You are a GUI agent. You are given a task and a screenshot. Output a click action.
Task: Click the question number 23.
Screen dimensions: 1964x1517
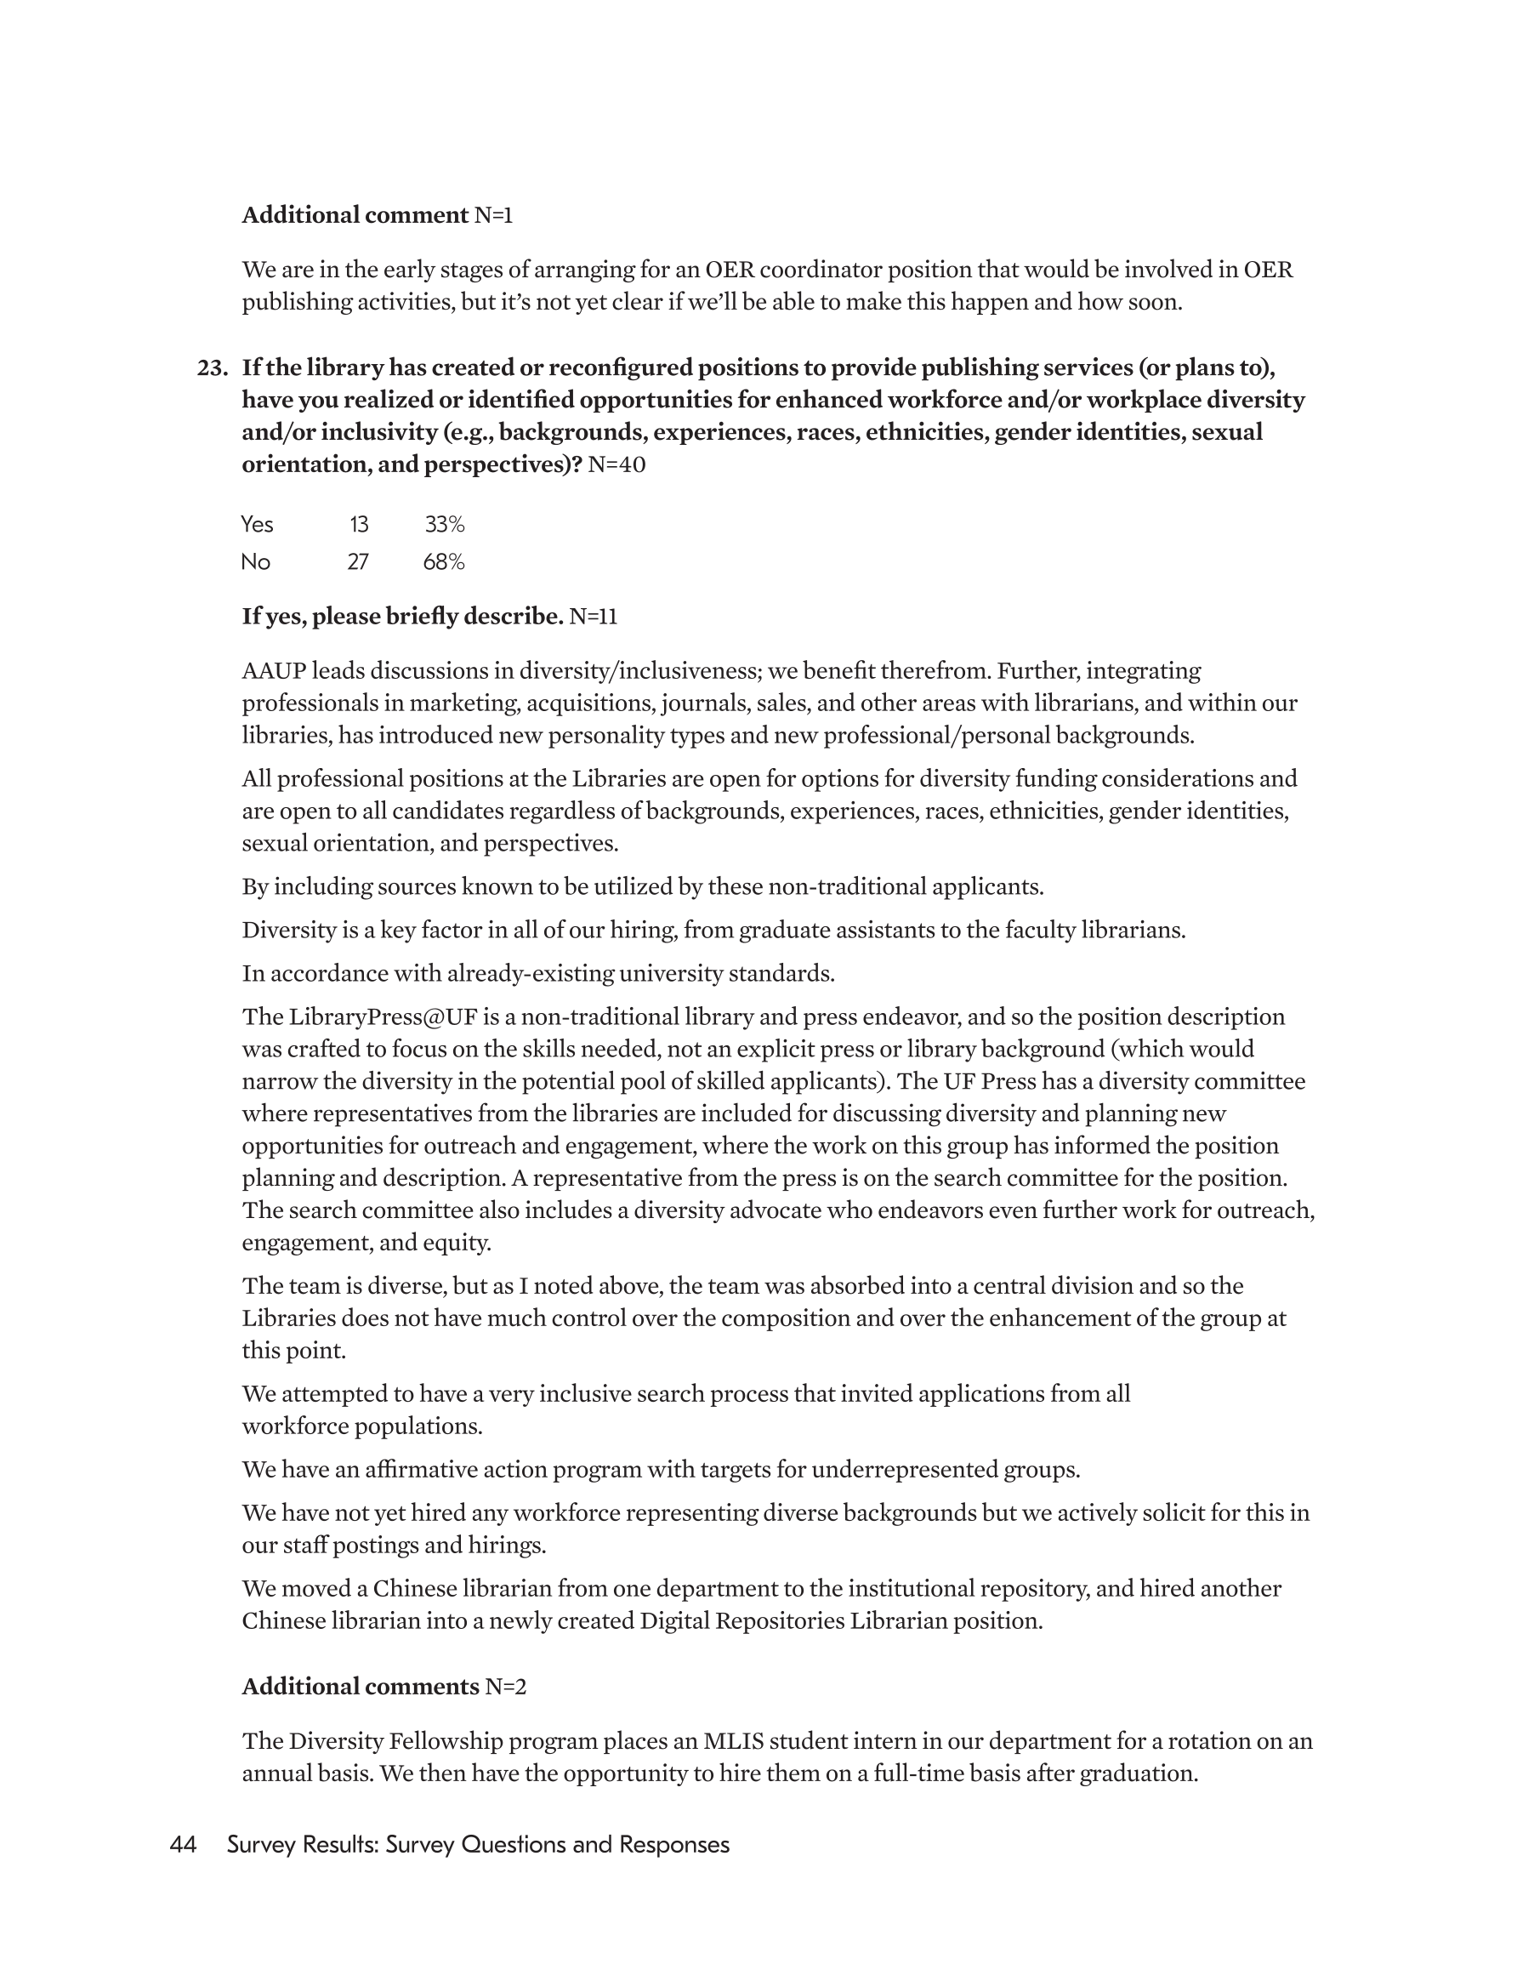tap(212, 367)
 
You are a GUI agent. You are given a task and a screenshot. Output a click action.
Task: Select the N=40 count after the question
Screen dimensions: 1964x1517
tap(616, 465)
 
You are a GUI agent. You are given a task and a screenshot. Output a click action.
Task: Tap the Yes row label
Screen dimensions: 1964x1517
tap(257, 524)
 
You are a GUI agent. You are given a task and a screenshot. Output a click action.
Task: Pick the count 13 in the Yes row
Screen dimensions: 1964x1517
tap(359, 524)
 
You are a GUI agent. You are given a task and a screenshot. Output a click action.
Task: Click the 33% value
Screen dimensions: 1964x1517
tap(444, 524)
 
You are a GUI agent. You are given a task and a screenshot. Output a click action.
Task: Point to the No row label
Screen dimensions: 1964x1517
tap(255, 562)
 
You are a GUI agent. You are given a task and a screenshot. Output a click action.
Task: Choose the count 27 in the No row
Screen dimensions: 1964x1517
tap(358, 562)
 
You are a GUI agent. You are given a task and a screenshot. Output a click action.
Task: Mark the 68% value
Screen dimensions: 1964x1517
tap(443, 562)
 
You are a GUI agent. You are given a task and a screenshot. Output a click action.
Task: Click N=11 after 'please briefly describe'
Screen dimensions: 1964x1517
tap(594, 617)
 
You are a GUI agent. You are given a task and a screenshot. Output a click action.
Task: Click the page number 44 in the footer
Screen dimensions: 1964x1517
tap(184, 1845)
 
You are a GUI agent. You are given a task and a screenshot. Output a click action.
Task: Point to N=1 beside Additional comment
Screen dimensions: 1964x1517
tap(494, 216)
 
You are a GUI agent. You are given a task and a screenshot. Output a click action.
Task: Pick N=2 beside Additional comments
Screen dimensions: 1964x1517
tap(505, 1687)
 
